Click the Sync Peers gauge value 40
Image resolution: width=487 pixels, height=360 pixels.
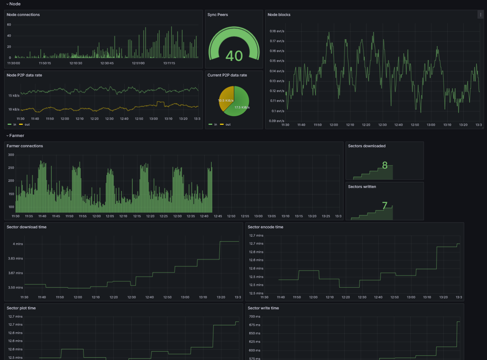[x=234, y=56]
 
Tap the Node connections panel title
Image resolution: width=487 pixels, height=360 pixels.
[x=23, y=15]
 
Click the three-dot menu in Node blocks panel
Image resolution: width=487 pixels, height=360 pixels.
[x=480, y=14]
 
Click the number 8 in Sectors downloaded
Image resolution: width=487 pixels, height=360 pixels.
[x=385, y=166]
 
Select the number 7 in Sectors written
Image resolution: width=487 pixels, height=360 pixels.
[x=385, y=206]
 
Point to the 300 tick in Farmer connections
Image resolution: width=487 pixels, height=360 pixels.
[x=11, y=155]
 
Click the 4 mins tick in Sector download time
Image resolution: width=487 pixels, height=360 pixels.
[x=18, y=244]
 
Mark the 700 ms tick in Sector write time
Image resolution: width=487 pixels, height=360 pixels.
[x=255, y=317]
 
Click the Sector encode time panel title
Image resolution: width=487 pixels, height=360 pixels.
[x=265, y=227]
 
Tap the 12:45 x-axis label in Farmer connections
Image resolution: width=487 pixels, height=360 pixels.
[x=218, y=216]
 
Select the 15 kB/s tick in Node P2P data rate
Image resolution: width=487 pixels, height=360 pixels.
[x=14, y=96]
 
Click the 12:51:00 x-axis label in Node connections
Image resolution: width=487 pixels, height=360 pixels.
[x=138, y=63]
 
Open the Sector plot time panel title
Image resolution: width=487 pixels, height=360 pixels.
[x=21, y=308]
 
